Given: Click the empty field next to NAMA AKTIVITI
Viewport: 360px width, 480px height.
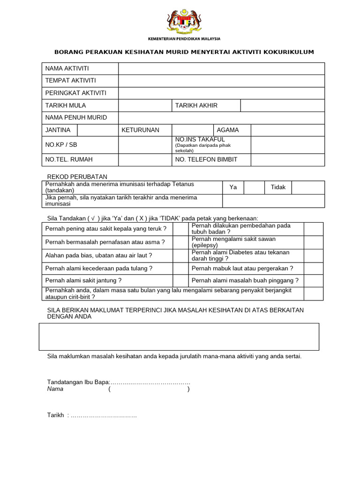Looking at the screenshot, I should [x=221, y=69].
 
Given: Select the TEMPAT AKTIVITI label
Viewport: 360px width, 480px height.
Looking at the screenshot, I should [x=70, y=81].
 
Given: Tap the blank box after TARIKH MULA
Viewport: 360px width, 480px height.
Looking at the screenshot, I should [x=145, y=105].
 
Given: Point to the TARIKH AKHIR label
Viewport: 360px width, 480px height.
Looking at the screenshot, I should [x=196, y=105].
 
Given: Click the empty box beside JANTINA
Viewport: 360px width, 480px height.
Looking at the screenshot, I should [x=97, y=130].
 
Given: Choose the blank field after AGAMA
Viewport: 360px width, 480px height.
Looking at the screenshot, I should [x=287, y=130].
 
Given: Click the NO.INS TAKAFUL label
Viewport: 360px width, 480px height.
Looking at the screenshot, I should [x=200, y=140].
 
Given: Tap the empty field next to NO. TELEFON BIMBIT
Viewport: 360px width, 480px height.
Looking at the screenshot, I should [x=287, y=159].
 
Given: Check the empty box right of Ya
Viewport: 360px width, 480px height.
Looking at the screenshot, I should [x=254, y=187].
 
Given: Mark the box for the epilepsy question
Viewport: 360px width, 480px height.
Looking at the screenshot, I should [x=313, y=242].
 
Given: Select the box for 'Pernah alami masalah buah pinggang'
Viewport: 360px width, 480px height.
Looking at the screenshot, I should [x=313, y=280].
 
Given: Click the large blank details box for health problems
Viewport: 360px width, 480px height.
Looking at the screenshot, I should [x=179, y=337].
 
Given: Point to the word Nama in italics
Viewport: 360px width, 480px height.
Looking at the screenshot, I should [x=55, y=389].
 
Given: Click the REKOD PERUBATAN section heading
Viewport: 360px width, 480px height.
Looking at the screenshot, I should [x=77, y=177].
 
